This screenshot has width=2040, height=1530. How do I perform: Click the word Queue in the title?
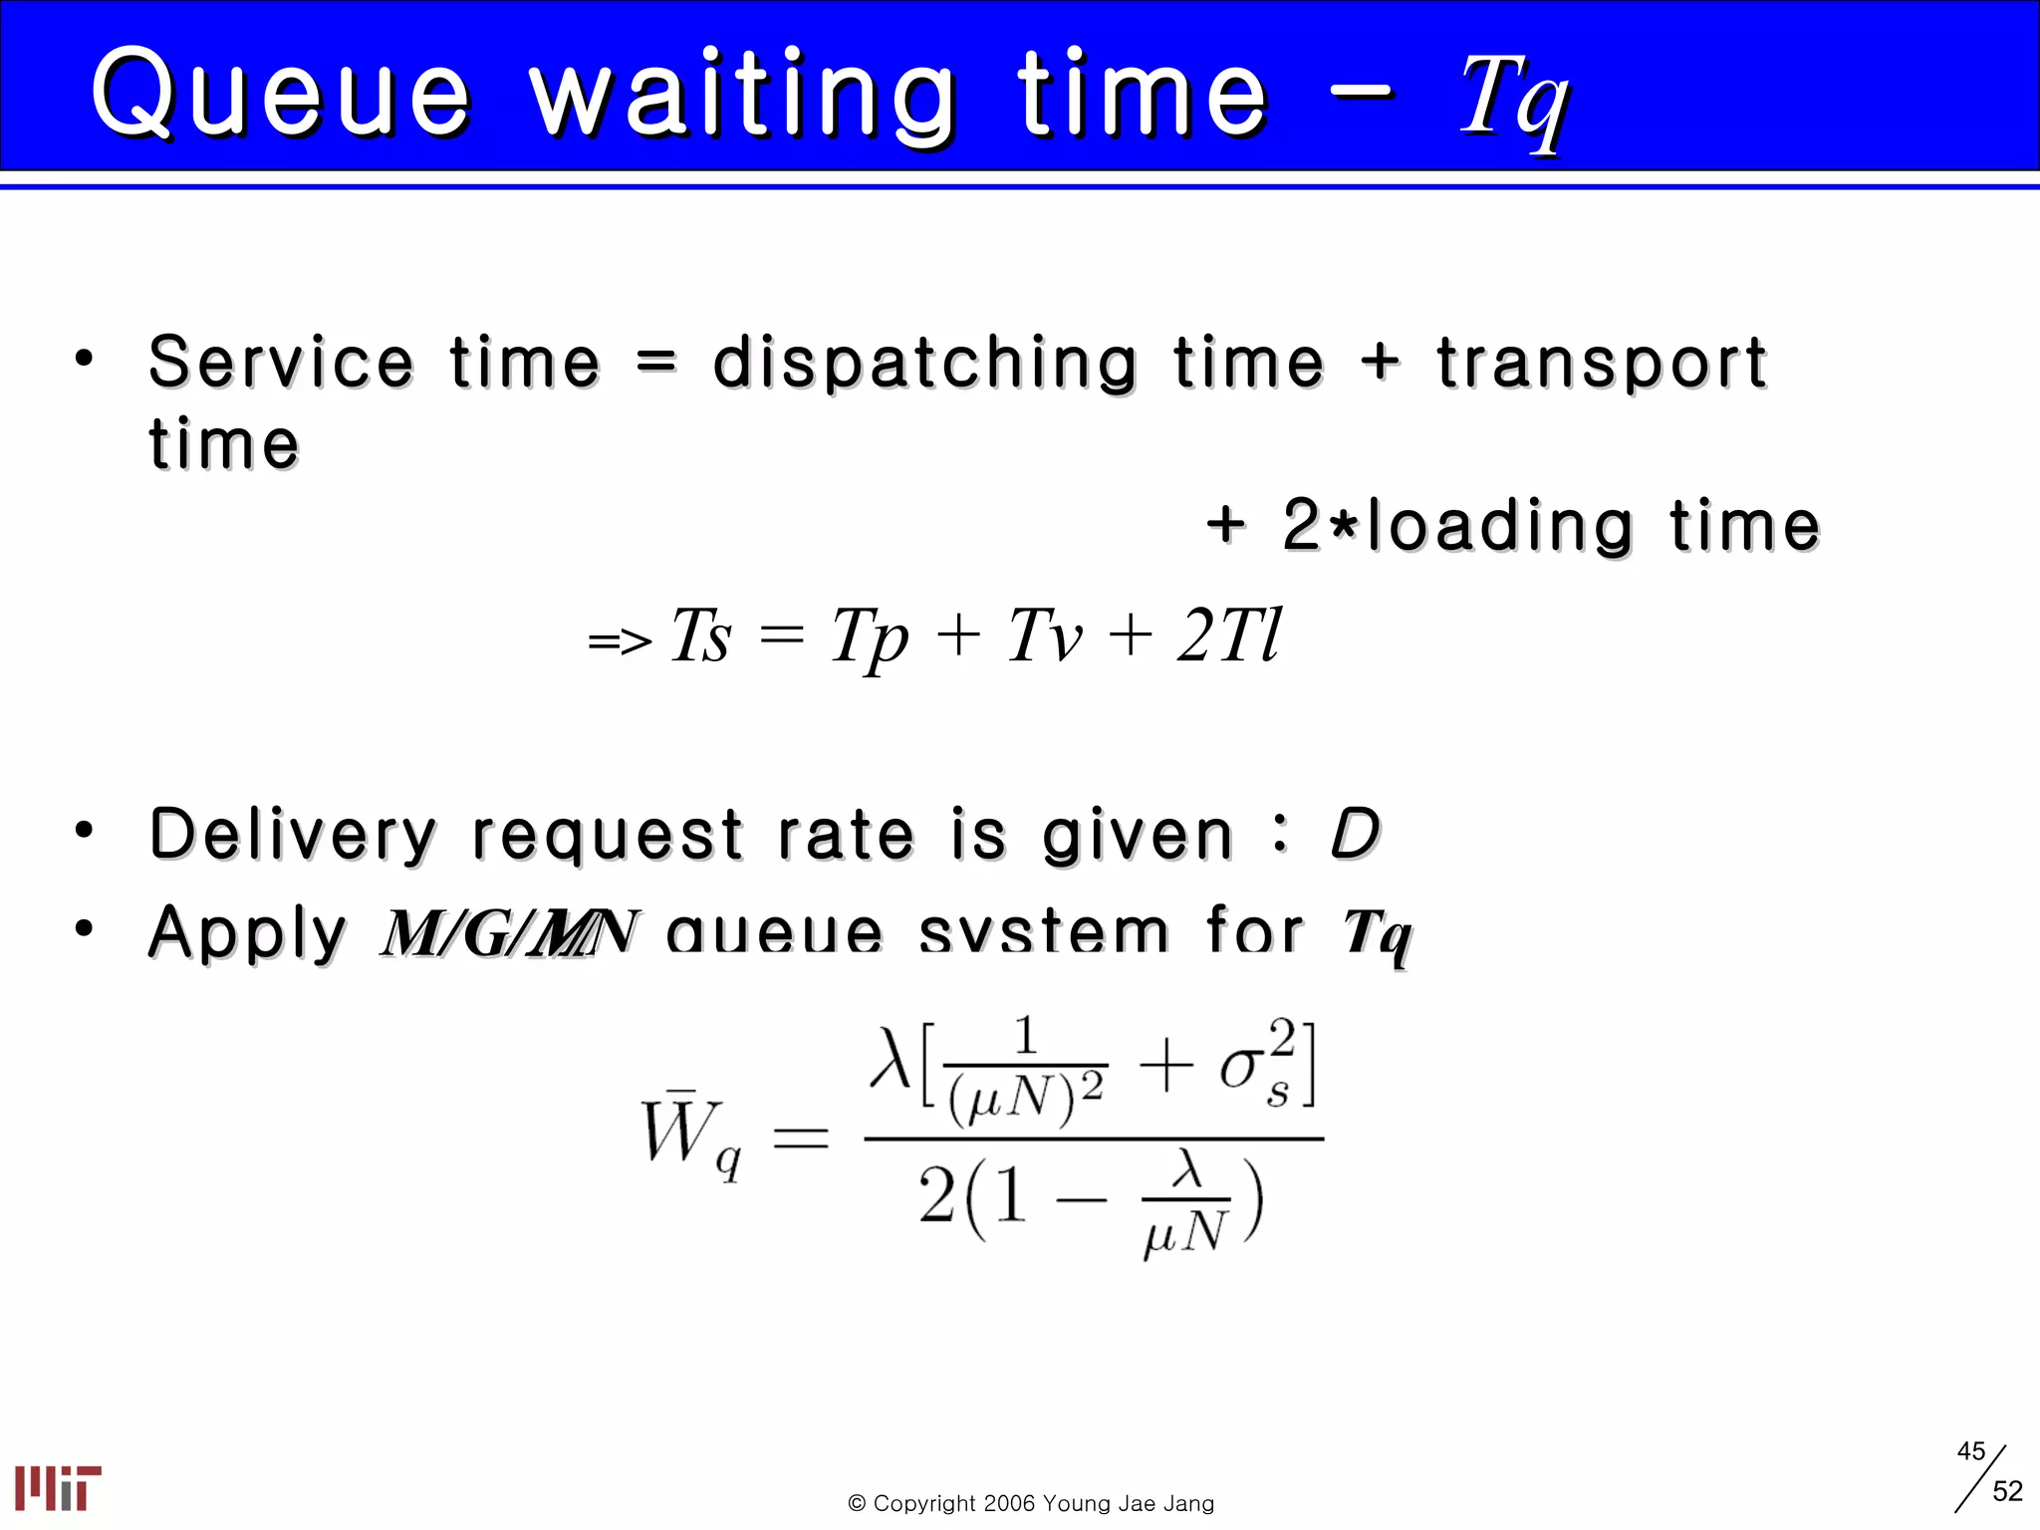click(x=281, y=95)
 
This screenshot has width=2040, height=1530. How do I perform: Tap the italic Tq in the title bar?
click(x=1514, y=100)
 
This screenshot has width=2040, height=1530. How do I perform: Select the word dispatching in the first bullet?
click(x=924, y=364)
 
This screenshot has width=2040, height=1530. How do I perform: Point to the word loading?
click(x=1500, y=526)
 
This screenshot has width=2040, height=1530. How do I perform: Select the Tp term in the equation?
click(x=870, y=637)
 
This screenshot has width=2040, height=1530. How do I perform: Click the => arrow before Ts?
click(x=620, y=640)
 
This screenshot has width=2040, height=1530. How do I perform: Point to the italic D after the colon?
click(x=1355, y=834)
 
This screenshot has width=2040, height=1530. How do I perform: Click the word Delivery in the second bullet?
click(x=293, y=835)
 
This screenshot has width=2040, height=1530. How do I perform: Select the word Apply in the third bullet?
click(x=247, y=933)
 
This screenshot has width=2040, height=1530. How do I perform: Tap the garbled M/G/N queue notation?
click(x=508, y=934)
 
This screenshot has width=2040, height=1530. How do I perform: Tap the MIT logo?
click(x=58, y=1488)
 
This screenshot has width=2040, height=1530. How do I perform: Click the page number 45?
click(x=1970, y=1451)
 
